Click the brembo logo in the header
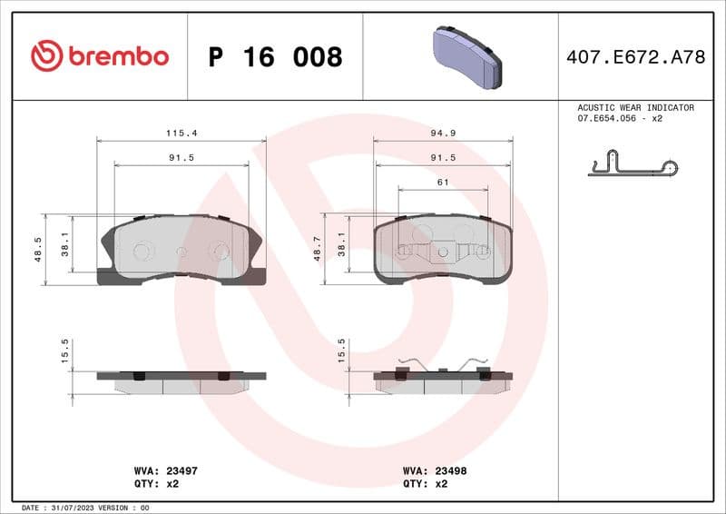100,56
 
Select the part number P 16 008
275,57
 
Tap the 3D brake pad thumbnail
464,56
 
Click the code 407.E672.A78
635,57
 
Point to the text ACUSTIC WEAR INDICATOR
635,107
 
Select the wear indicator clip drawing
633,167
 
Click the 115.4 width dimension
181,133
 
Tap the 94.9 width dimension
442,133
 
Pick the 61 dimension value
443,183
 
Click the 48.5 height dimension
38,250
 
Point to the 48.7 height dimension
317,250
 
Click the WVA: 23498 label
434,471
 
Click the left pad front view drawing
180,250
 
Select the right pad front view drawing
443,250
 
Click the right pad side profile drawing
443,380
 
